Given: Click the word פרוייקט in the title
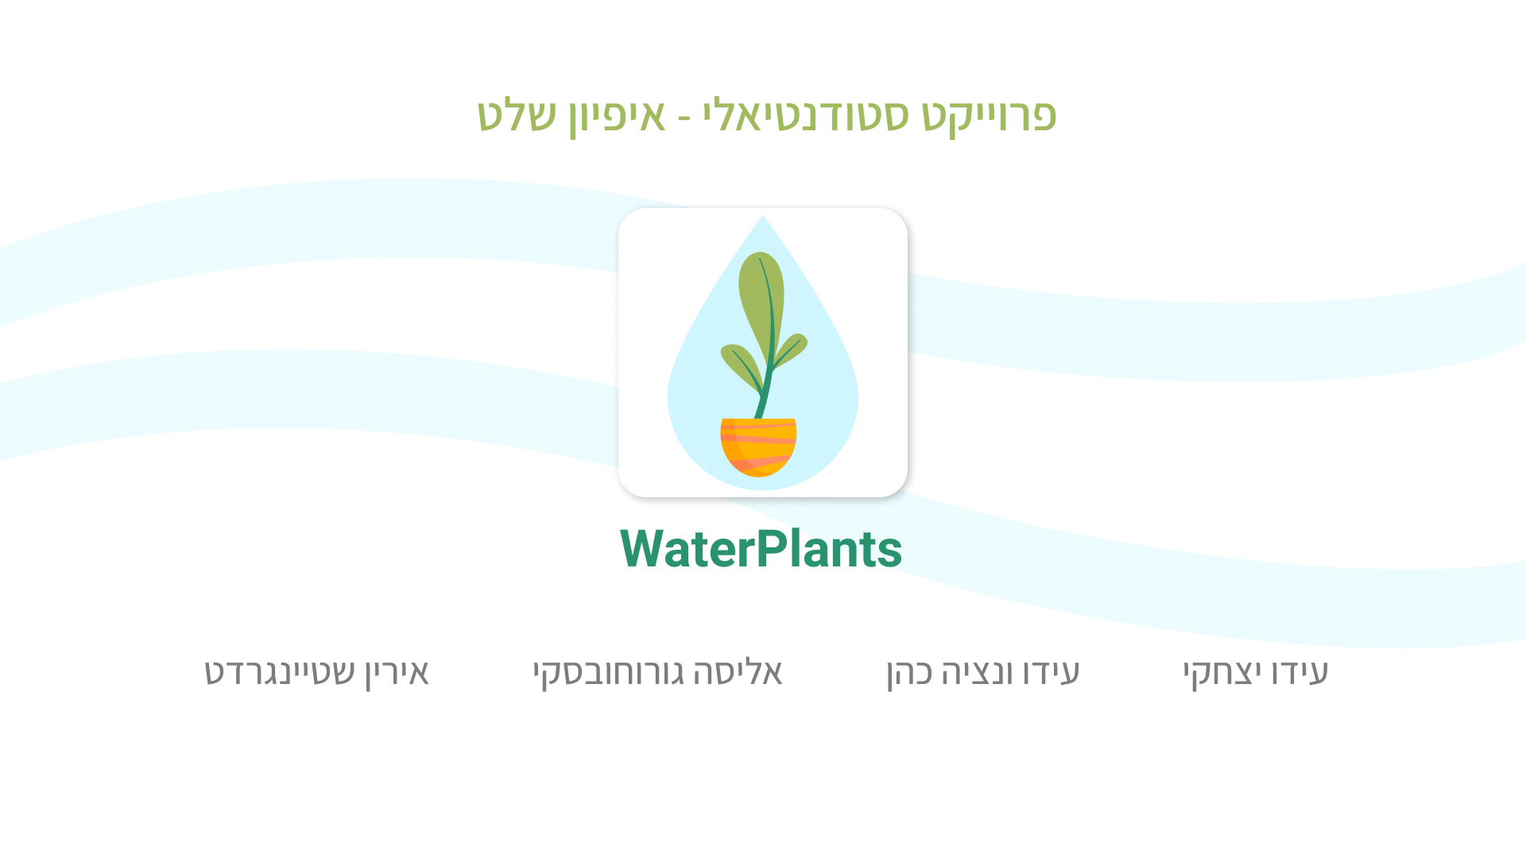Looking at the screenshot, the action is [989, 117].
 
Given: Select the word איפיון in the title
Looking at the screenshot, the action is [617, 117].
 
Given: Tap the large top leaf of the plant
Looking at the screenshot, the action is [761, 306].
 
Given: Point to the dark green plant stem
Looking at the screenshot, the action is [766, 373].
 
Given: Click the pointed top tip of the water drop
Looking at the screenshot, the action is [763, 215].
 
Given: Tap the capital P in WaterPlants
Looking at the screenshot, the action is [771, 549].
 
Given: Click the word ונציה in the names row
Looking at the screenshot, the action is [998, 672].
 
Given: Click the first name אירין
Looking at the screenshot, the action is [397, 674].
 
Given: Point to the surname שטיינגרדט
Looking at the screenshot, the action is [280, 672].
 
